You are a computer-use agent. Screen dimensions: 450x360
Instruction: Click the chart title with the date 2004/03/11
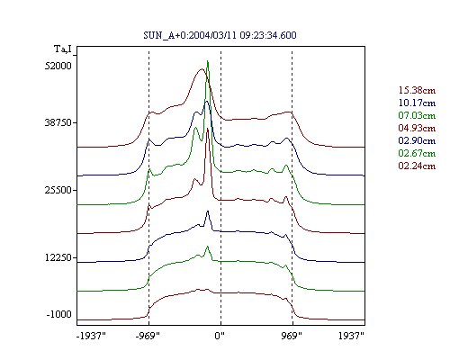(x=220, y=35)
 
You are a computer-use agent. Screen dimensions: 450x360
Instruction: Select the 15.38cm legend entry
(x=417, y=90)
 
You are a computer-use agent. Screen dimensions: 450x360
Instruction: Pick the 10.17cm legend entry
(x=417, y=103)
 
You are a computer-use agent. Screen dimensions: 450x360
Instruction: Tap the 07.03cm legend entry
(x=417, y=115)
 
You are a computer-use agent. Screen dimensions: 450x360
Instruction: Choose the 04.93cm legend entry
(x=417, y=128)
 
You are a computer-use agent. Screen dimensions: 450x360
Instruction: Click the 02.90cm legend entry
(x=417, y=140)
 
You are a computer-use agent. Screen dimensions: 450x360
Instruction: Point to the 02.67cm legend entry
(x=417, y=153)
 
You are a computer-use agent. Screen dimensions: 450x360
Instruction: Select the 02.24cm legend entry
(x=417, y=166)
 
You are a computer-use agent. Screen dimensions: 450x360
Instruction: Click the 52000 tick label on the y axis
(x=58, y=66)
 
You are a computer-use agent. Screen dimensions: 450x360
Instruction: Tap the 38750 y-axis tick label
(x=58, y=122)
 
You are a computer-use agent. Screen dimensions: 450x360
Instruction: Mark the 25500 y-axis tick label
(x=58, y=190)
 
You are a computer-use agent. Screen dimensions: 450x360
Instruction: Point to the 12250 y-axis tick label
(x=58, y=257)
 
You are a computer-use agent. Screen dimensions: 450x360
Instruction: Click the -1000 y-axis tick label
(x=59, y=314)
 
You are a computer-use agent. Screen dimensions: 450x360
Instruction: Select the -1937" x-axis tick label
(x=91, y=336)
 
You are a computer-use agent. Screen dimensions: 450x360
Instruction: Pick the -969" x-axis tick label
(x=148, y=336)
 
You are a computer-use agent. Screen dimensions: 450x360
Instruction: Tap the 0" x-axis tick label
(x=220, y=336)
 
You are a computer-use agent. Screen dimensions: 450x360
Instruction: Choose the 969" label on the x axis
(x=292, y=336)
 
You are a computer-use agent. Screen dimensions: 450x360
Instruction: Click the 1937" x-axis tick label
(x=351, y=336)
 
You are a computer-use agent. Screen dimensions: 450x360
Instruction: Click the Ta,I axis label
(x=63, y=49)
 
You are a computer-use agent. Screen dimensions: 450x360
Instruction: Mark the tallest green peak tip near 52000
(x=208, y=61)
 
